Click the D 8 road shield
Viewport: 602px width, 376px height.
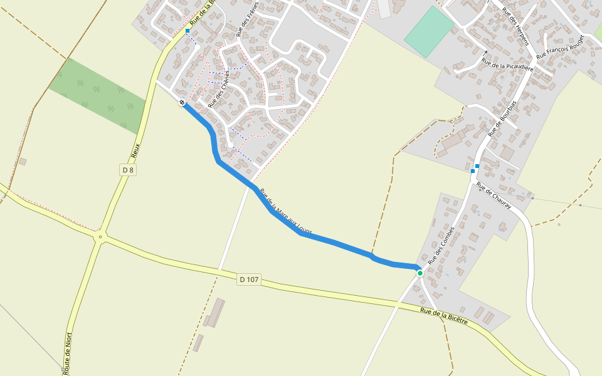click(x=128, y=170)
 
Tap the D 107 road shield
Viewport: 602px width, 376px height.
click(x=249, y=279)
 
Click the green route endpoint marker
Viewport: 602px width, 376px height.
click(x=420, y=273)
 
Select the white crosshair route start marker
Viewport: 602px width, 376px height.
click(x=182, y=102)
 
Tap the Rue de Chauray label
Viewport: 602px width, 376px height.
click(x=494, y=196)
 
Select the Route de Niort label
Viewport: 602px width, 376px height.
click(x=67, y=354)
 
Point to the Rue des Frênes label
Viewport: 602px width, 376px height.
click(x=247, y=19)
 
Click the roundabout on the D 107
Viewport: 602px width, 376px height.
click(x=99, y=238)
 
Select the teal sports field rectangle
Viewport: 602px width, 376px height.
click(x=429, y=31)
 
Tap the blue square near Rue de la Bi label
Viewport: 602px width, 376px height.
click(x=187, y=30)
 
